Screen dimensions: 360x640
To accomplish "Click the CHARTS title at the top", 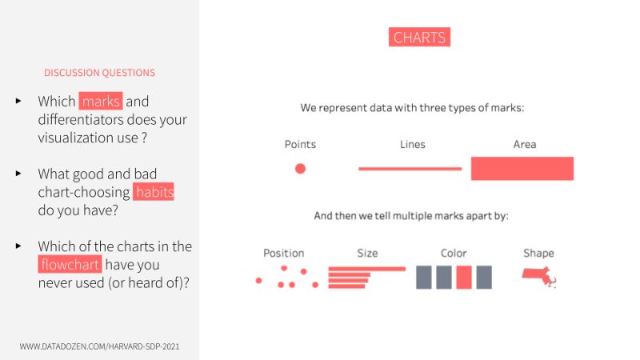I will pyautogui.click(x=419, y=37).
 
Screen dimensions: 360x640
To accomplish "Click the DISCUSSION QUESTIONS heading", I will pyautogui.click(x=100, y=73).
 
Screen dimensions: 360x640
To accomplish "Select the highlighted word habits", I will pyautogui.click(x=154, y=193).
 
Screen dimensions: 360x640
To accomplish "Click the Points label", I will pyautogui.click(x=300, y=145).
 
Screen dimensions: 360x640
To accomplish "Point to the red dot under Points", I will pyautogui.click(x=300, y=169).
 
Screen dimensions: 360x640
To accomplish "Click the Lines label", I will pyautogui.click(x=413, y=145).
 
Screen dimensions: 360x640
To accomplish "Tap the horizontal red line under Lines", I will pyautogui.click(x=410, y=169).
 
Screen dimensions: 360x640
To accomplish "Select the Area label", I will pyautogui.click(x=525, y=145).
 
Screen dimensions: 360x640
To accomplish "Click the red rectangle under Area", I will pyautogui.click(x=522, y=169).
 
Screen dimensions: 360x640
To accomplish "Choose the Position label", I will pyautogui.click(x=284, y=254).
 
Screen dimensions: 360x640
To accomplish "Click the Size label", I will pyautogui.click(x=367, y=254).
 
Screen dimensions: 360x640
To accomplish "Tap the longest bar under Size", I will pyautogui.click(x=366, y=269).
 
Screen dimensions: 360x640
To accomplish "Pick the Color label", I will pyautogui.click(x=454, y=254).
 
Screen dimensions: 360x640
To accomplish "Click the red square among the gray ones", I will pyautogui.click(x=464, y=278).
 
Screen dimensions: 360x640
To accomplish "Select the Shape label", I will pyautogui.click(x=538, y=254).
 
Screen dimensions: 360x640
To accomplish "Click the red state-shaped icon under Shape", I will pyautogui.click(x=538, y=276).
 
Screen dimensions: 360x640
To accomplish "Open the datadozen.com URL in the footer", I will pyautogui.click(x=99, y=346).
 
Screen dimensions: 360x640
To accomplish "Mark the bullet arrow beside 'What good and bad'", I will pyautogui.click(x=18, y=174).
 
